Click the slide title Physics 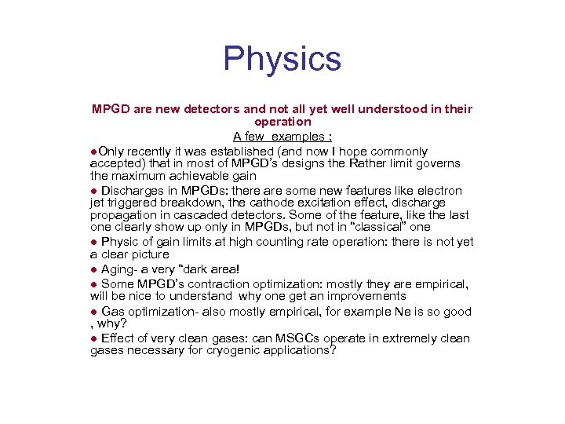(282, 59)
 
